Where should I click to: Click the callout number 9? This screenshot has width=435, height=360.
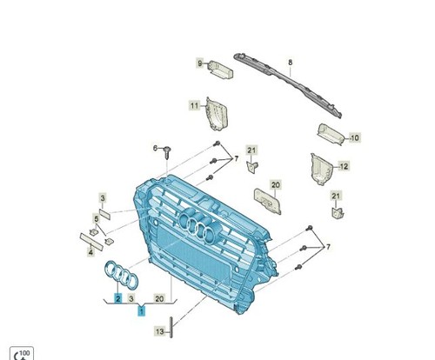pos(200,63)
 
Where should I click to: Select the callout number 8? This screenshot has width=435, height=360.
pos(291,62)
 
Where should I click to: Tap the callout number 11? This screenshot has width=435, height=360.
pos(194,105)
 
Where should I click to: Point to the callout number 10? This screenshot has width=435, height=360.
pos(355,137)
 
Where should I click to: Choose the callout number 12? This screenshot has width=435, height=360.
pos(344,167)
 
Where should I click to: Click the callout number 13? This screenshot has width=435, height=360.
pos(160,331)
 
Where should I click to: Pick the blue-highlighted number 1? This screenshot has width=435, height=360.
pos(141,311)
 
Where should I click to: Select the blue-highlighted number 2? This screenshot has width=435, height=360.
pos(117,298)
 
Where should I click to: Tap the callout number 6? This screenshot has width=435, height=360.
pos(156,149)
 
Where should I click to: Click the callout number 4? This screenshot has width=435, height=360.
pos(90,252)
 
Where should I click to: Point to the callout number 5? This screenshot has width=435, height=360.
pos(97,219)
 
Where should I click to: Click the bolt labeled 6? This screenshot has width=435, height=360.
pos(167,153)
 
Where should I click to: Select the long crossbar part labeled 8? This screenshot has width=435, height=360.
pos(288,86)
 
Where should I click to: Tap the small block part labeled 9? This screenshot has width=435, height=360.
pos(221,70)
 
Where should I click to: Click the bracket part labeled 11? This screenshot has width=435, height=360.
pos(217,114)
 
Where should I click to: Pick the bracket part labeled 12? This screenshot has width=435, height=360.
pos(321,170)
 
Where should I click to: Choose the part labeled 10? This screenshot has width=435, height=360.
pos(331,135)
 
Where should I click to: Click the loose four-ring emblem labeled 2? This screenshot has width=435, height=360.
pos(121,275)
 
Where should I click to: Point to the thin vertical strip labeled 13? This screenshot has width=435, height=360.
pos(171,327)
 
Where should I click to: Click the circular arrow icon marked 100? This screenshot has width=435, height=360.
pos(22,354)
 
